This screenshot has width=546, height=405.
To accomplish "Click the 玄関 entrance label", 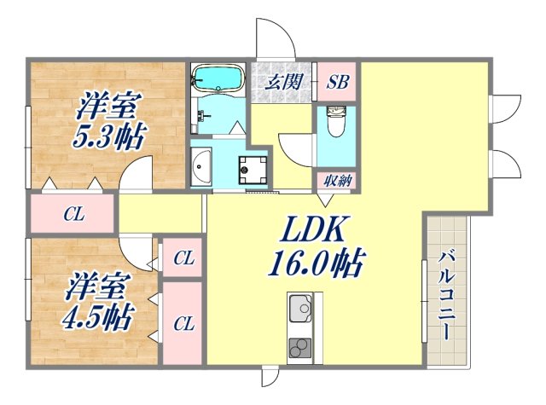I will tap(282, 83).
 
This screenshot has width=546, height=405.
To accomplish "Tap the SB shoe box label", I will tap(336, 83).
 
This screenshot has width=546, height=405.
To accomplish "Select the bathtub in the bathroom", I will tap(217, 78).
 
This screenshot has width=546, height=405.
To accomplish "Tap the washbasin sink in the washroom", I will tap(201, 165).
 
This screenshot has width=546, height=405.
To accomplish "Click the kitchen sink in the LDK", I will tap(300, 310).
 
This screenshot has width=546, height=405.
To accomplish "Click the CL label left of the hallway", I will tap(73, 214).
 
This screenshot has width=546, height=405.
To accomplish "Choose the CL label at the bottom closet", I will tap(182, 323).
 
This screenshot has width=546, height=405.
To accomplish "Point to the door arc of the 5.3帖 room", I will tap(134, 175).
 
